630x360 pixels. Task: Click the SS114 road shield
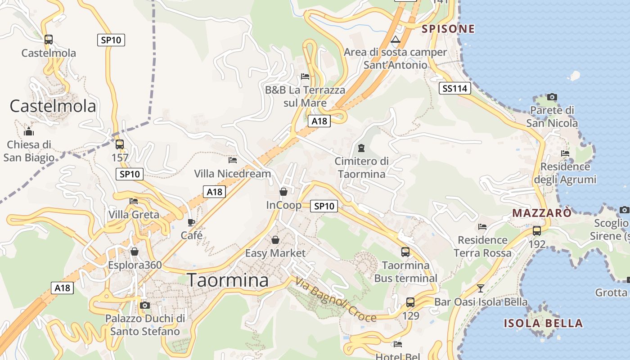454,89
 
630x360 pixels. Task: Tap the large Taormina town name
228,280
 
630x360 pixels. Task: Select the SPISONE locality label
448,29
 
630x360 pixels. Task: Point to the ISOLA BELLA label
543,323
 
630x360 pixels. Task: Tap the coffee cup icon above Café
191,222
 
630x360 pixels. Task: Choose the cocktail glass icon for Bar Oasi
481,288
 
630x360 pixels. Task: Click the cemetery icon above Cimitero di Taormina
361,148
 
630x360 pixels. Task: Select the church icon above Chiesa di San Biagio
29,131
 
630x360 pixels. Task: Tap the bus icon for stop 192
537,231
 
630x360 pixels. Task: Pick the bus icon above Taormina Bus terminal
405,252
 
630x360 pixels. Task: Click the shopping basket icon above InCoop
283,192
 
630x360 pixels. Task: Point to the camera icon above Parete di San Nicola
552,97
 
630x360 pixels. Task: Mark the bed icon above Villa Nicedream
233,160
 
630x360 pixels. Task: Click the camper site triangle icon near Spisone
396,40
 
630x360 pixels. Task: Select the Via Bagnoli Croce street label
336,299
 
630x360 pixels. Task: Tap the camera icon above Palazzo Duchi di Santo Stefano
144,306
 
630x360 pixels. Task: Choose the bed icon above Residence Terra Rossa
482,227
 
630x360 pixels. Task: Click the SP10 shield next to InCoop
324,206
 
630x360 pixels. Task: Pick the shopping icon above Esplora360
134,252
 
